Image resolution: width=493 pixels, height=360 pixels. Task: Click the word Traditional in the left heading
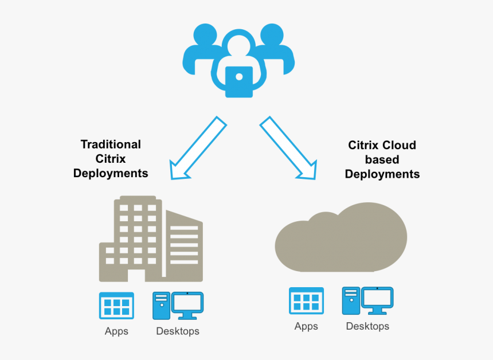pyautogui.click(x=111, y=144)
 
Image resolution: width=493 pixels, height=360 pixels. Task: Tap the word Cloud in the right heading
pyautogui.click(x=400, y=146)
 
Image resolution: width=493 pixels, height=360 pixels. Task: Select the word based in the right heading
pyautogui.click(x=382, y=160)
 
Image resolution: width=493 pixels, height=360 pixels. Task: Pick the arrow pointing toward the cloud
pyautogui.click(x=289, y=148)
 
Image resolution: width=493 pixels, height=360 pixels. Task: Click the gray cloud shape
pyautogui.click(x=341, y=238)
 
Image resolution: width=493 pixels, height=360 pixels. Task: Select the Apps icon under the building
pyautogui.click(x=116, y=306)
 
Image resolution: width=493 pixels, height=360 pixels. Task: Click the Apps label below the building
pyautogui.click(x=116, y=331)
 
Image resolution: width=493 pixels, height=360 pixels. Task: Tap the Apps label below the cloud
pyautogui.click(x=306, y=327)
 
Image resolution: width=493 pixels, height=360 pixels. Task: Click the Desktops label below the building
pyautogui.click(x=178, y=331)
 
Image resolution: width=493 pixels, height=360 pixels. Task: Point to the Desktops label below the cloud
pyautogui.click(x=367, y=327)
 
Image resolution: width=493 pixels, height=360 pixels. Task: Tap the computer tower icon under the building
pyautogui.click(x=161, y=306)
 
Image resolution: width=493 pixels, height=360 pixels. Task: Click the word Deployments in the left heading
pyautogui.click(x=111, y=173)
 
